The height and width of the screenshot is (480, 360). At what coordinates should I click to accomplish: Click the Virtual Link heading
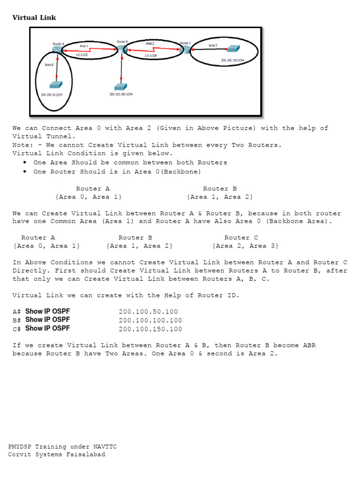coord(34,18)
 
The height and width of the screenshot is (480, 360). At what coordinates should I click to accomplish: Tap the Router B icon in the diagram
coord(121,49)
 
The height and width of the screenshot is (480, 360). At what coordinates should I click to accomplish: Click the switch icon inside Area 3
coord(232,48)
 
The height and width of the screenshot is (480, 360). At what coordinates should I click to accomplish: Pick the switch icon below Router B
coord(120,87)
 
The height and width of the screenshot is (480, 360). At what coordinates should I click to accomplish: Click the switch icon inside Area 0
coord(56,84)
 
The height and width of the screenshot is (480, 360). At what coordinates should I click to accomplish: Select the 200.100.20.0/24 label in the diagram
coord(52,95)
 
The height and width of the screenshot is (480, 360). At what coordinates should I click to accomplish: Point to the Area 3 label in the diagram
coord(213,45)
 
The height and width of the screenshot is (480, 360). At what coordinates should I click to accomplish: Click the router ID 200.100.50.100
coord(148,312)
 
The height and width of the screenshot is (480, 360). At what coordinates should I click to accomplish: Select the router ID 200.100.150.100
coord(150,329)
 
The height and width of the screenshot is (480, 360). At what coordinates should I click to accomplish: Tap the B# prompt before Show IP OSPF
coord(17,321)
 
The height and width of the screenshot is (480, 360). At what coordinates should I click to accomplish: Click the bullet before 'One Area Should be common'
coord(24,163)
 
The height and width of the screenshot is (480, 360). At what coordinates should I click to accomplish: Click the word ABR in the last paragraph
coord(310,345)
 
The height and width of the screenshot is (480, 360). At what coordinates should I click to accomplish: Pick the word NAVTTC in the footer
coord(104,447)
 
